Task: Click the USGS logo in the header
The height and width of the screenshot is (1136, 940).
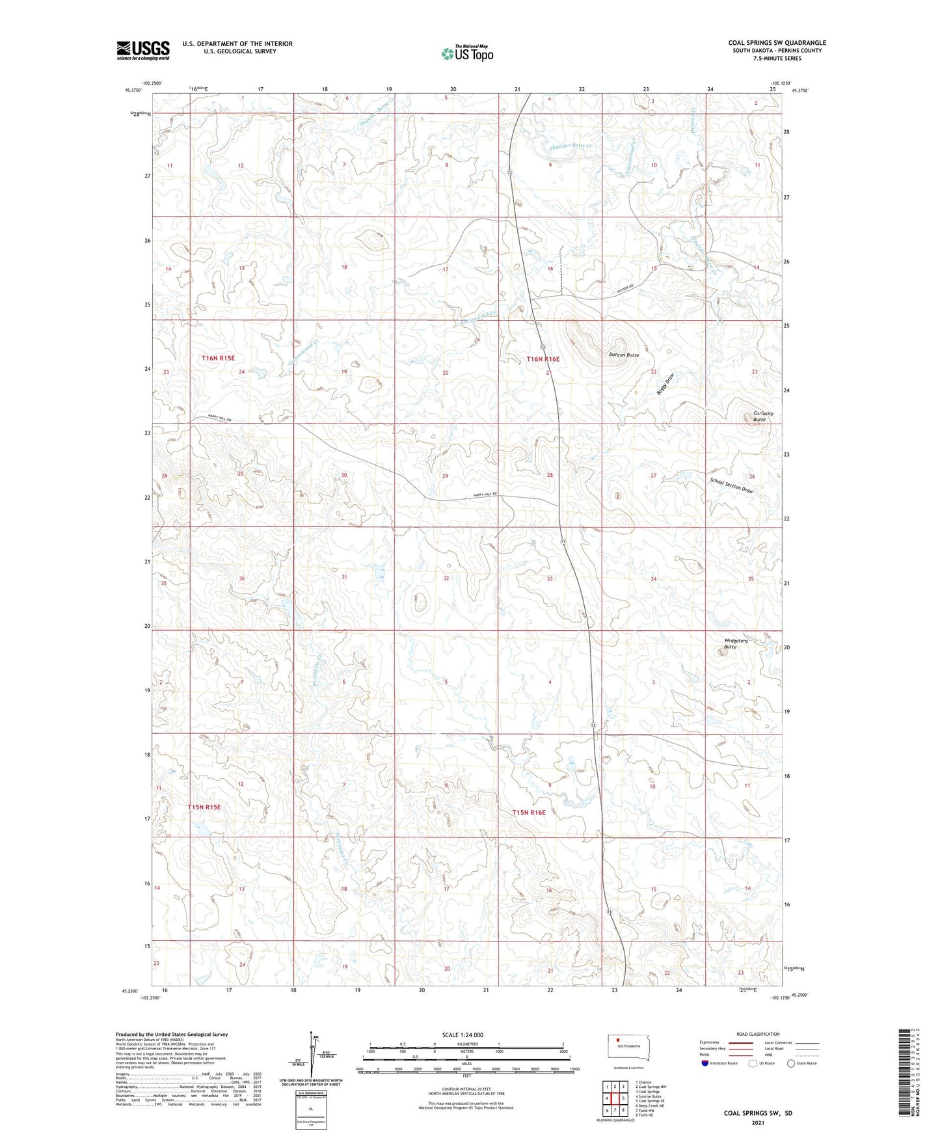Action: click(x=143, y=50)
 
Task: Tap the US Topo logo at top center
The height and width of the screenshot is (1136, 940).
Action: click(x=466, y=53)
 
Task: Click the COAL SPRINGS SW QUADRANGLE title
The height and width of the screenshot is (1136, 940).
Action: click(x=777, y=43)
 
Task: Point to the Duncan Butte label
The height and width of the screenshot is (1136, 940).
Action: click(x=624, y=355)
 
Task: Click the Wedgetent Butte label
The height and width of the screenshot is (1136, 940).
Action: click(x=736, y=643)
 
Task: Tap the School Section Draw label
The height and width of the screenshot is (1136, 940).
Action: click(x=731, y=485)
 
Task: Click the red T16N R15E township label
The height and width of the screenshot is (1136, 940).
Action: click(x=217, y=358)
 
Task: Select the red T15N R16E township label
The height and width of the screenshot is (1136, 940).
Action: click(x=528, y=813)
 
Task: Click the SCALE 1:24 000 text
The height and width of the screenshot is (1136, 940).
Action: click(x=462, y=1035)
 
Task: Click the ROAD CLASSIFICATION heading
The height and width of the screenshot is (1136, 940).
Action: click(x=759, y=1034)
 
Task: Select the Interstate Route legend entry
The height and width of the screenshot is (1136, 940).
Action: click(x=718, y=1063)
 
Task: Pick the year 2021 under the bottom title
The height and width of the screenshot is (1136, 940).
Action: click(x=758, y=1123)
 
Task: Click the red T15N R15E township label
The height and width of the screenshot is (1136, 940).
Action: click(x=204, y=807)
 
